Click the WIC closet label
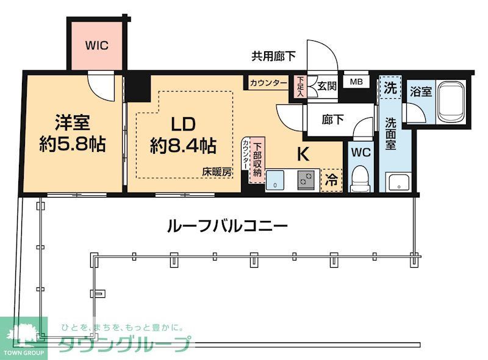[x=96, y=45]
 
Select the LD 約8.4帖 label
[x=182, y=134]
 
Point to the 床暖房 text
[x=218, y=173]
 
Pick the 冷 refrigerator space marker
[x=331, y=180]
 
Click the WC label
[x=361, y=153]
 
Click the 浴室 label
[x=421, y=92]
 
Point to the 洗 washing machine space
[x=389, y=87]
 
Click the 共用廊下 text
[x=274, y=57]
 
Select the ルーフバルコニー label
[x=227, y=226]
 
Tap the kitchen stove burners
[x=304, y=180]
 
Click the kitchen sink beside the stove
[x=276, y=181]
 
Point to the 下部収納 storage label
[x=257, y=159]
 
